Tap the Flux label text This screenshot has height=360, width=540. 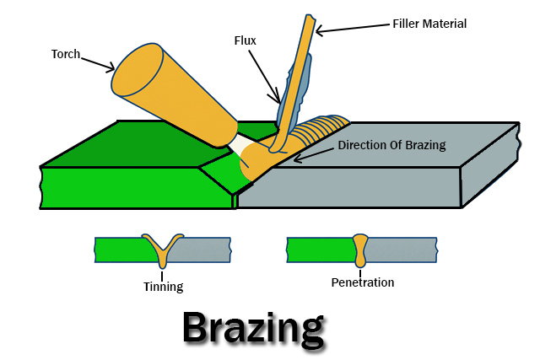point(246,40)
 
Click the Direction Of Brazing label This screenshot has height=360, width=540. point(391,145)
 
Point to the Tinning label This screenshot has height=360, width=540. point(163,287)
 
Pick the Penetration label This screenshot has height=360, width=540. point(362,282)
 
